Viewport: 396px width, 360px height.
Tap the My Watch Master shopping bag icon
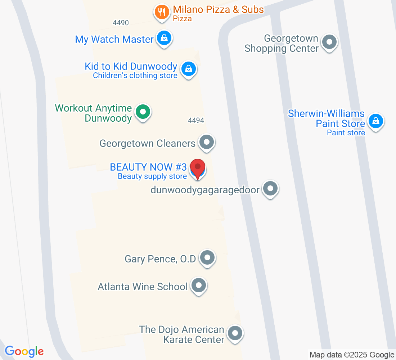[164, 38]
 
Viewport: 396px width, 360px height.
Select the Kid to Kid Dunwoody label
[131, 67]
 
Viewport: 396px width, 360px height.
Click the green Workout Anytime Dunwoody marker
[143, 112]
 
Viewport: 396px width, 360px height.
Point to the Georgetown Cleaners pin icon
[207, 142]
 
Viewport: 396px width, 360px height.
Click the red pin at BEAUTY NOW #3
[198, 168]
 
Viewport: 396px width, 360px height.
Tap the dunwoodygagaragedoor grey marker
[270, 188]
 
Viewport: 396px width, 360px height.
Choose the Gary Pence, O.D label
[160, 259]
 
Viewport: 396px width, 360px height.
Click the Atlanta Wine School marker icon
[198, 286]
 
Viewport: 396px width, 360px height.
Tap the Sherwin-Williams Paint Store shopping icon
[375, 121]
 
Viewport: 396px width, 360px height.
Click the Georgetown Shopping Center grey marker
[329, 42]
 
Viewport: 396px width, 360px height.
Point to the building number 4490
[121, 23]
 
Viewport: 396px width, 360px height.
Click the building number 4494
[196, 120]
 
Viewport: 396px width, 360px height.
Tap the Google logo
[24, 351]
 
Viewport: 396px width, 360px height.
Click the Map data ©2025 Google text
[352, 355]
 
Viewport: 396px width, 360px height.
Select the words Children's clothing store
[135, 76]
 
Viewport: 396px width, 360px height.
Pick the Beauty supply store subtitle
[152, 176]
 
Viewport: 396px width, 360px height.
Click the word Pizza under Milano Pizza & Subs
[182, 18]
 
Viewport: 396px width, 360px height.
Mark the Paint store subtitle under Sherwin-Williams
[346, 133]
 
